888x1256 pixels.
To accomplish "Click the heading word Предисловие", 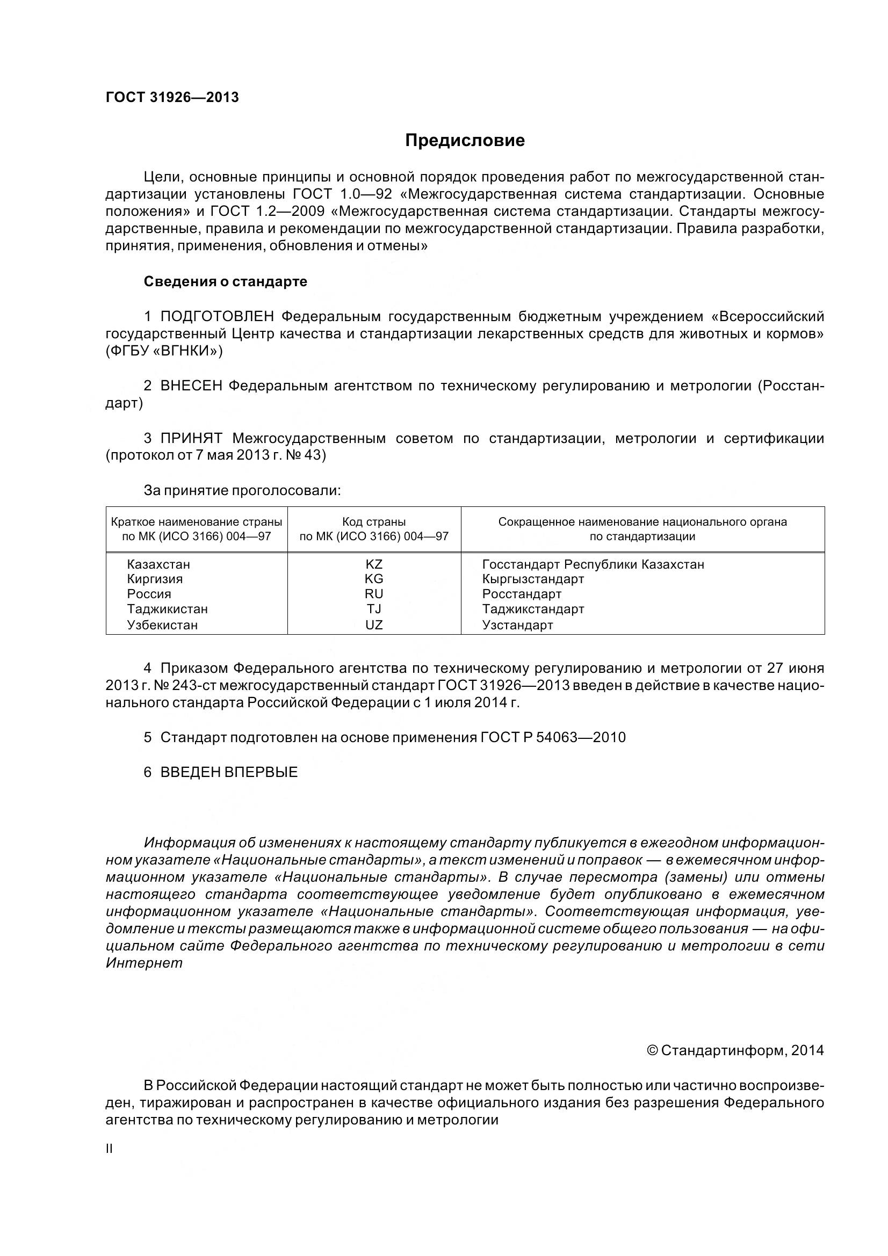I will [x=465, y=141].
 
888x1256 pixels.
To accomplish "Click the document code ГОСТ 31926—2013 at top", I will [x=172, y=97].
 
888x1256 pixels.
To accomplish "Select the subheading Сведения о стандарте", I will [x=226, y=282].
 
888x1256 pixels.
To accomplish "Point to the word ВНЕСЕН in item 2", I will [x=191, y=386].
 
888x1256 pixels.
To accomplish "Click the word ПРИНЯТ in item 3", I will [x=191, y=438].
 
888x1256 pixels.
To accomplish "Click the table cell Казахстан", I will [x=158, y=564].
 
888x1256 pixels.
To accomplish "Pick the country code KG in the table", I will [x=374, y=579].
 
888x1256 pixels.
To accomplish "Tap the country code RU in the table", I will [x=374, y=594].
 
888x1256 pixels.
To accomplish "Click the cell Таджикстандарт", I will [x=533, y=609].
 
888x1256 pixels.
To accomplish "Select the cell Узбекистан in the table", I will [x=162, y=625].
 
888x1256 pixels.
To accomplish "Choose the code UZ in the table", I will [x=374, y=625].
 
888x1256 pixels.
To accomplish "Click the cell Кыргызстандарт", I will [x=533, y=579].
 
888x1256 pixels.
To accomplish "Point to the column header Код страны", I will [x=374, y=522].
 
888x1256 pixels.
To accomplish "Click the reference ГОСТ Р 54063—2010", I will [x=553, y=737].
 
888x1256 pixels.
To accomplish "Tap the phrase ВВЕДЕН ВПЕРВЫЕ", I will [x=229, y=772].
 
